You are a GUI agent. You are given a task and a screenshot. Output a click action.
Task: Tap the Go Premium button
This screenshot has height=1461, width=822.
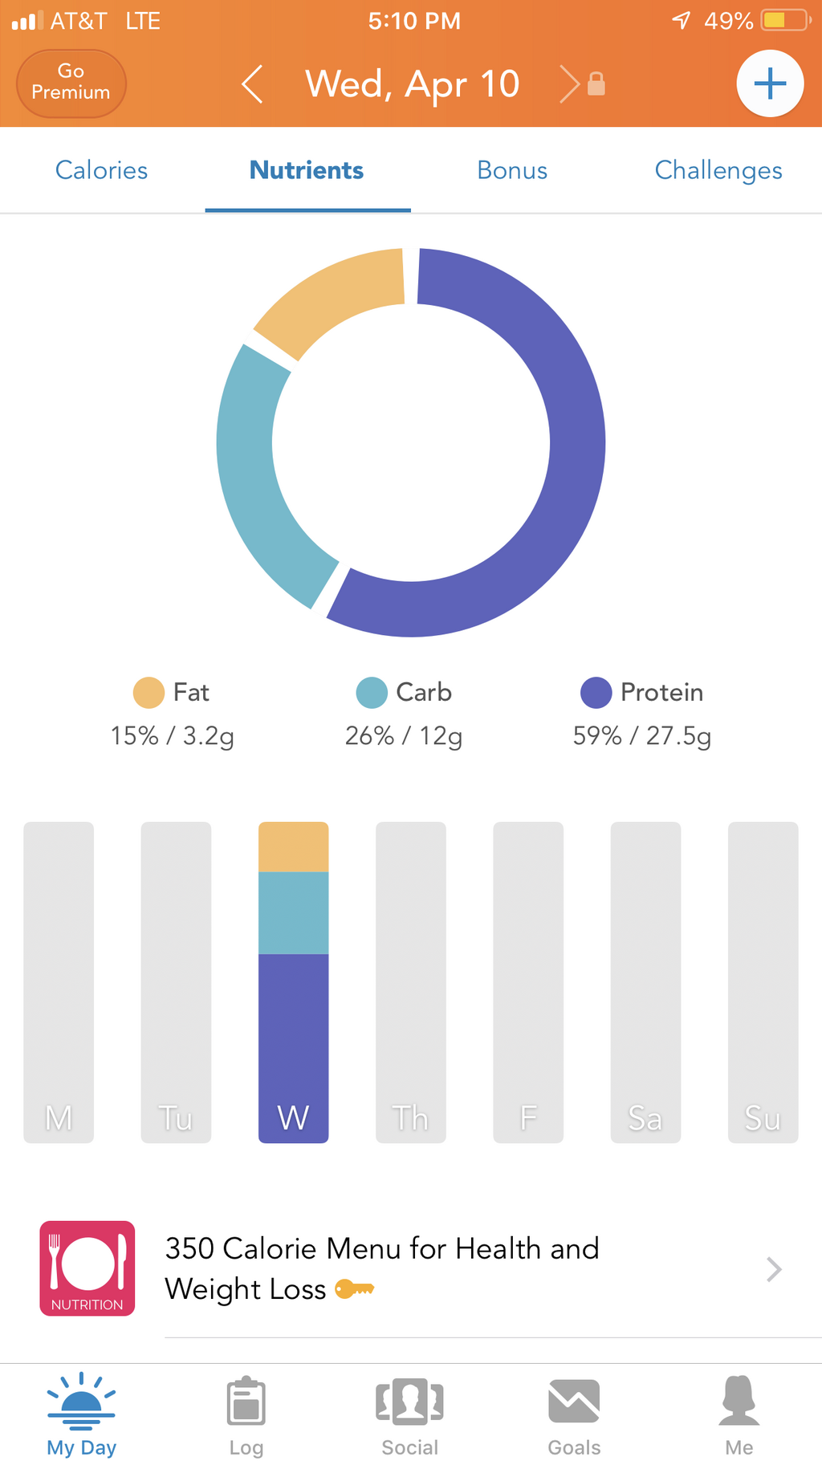tap(71, 83)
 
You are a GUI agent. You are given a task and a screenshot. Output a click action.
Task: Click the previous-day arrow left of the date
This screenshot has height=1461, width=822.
tap(252, 84)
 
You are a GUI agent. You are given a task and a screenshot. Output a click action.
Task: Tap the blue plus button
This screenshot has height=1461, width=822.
tap(770, 83)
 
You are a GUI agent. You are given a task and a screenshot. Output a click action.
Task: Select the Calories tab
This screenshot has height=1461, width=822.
tap(101, 170)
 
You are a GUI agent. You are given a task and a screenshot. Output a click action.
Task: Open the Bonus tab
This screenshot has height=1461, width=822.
tap(512, 170)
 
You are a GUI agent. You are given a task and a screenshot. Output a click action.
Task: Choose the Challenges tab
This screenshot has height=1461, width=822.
tap(718, 170)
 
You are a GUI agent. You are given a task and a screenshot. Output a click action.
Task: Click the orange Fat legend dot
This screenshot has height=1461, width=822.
tap(149, 693)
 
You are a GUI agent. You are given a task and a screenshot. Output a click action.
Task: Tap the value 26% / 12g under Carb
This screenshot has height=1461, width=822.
tap(404, 735)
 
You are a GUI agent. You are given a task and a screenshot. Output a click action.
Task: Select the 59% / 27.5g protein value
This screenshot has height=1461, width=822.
tap(641, 735)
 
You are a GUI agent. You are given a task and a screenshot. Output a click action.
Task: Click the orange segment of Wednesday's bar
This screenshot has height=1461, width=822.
tap(293, 847)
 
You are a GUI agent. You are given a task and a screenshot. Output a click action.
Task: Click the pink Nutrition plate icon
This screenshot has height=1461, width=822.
tap(87, 1268)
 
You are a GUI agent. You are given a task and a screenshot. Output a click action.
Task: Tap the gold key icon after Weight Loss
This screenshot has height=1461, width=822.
tap(354, 1289)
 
